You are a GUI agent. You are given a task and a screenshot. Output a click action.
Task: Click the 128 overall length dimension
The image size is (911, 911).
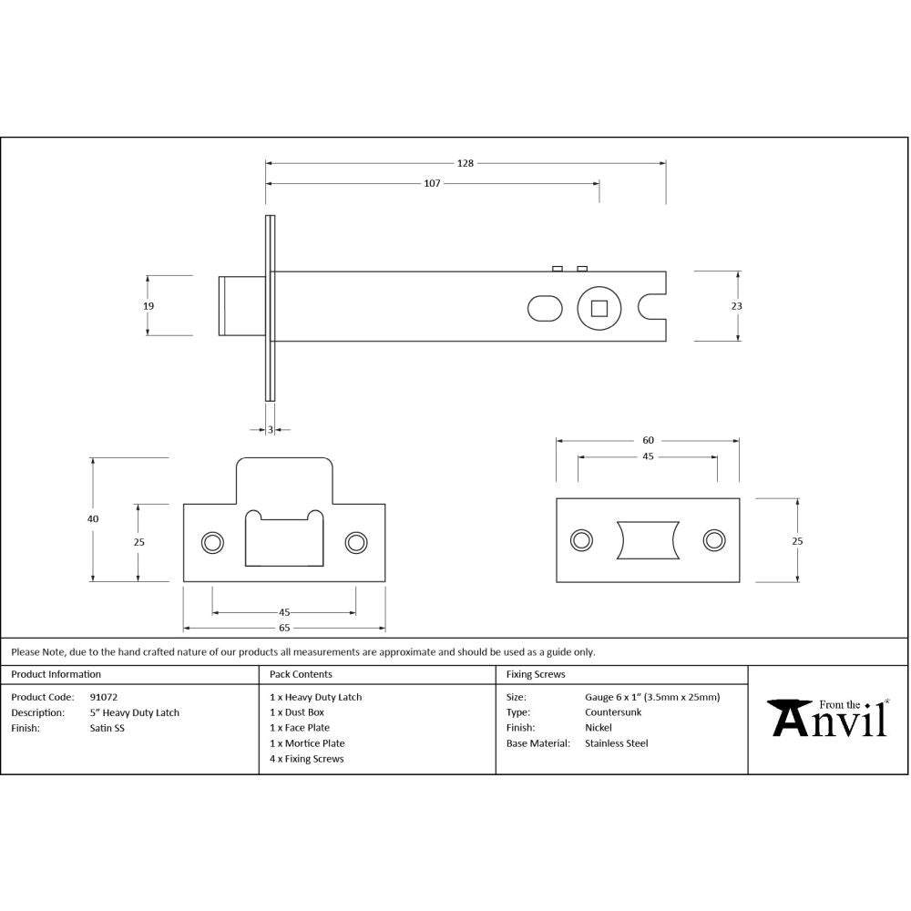pyautogui.click(x=466, y=163)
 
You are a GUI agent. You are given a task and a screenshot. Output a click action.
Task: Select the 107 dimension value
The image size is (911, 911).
pyautogui.click(x=432, y=183)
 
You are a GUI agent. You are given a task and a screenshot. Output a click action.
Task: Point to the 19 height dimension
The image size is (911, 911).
pyautogui.click(x=148, y=306)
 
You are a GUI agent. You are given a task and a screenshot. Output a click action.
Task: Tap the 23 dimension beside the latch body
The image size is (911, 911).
pyautogui.click(x=736, y=306)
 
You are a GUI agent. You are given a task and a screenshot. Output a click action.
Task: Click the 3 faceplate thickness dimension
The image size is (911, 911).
pyautogui.click(x=271, y=429)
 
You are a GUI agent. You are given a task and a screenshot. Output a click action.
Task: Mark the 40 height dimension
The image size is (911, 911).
pyautogui.click(x=93, y=518)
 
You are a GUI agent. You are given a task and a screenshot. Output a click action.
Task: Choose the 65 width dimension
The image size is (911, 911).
pyautogui.click(x=284, y=628)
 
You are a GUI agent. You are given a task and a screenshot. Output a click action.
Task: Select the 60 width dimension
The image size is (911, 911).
pyautogui.click(x=648, y=440)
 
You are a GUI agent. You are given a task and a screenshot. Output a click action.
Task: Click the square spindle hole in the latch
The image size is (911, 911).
pyautogui.click(x=599, y=308)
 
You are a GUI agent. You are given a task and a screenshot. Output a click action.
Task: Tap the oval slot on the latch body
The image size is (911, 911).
pyautogui.click(x=545, y=308)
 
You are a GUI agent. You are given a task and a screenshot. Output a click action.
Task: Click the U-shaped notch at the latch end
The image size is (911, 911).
pyautogui.click(x=653, y=307)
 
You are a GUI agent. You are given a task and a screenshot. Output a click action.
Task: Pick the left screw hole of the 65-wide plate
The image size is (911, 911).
pyautogui.click(x=213, y=542)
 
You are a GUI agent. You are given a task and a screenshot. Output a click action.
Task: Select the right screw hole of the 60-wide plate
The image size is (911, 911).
pyautogui.click(x=713, y=540)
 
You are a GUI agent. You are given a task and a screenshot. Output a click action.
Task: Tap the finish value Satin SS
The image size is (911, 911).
pyautogui.click(x=107, y=728)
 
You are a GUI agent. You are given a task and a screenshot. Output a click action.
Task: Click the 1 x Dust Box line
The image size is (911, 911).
pyautogui.click(x=297, y=712)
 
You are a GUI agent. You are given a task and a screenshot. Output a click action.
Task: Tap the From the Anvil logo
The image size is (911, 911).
pyautogui.click(x=829, y=718)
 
